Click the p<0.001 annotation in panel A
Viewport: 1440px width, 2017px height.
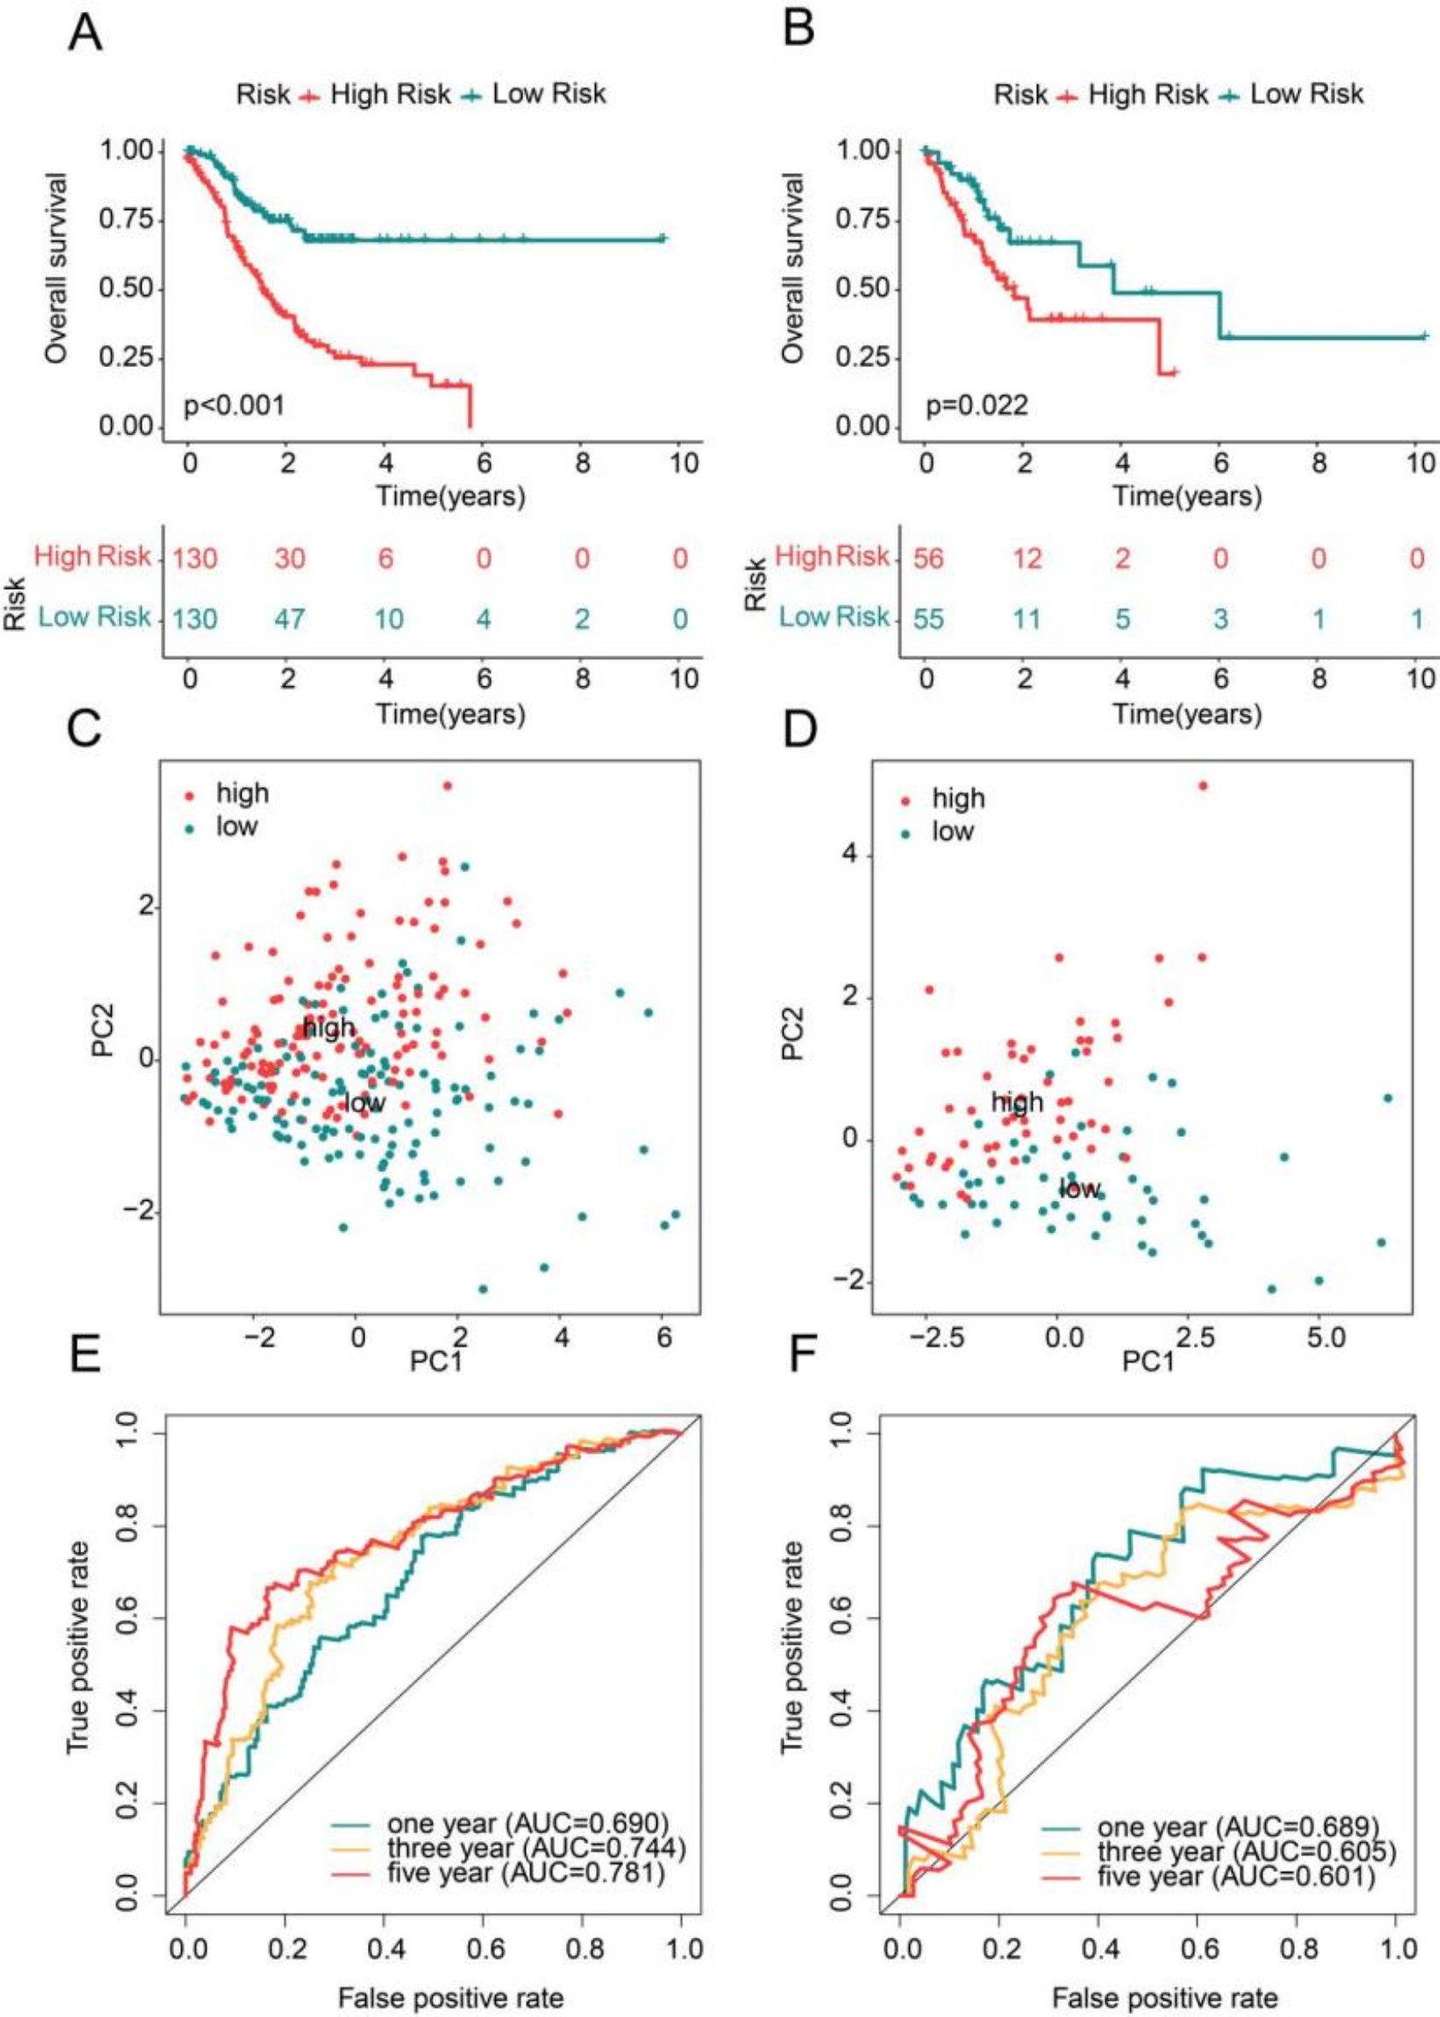(x=234, y=406)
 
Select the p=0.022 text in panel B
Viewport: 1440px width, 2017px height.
(x=977, y=406)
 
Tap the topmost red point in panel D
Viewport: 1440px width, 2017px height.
(x=1203, y=785)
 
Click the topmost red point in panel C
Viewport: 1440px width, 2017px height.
(x=448, y=785)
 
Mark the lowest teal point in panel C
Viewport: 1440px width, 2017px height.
(x=482, y=1288)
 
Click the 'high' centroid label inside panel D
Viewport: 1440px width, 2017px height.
(x=1017, y=1103)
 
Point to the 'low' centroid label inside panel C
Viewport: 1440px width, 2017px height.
(x=364, y=1104)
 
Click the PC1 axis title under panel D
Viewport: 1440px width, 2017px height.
(x=1148, y=1361)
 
